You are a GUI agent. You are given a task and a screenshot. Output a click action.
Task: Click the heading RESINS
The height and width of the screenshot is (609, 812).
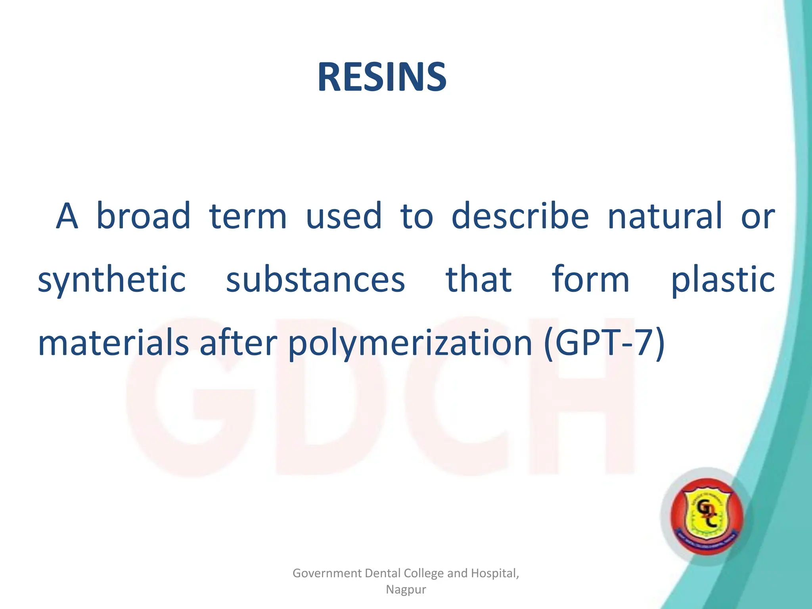point(382,78)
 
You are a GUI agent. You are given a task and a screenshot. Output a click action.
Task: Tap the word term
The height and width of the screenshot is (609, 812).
point(247,216)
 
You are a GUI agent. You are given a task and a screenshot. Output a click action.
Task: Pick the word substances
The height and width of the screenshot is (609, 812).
point(315,279)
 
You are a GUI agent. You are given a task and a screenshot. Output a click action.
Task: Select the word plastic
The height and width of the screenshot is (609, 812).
point(722,280)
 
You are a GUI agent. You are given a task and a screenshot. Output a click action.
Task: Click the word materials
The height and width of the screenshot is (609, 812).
point(113,343)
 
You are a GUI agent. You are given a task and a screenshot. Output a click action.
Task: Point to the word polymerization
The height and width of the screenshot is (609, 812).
point(410,344)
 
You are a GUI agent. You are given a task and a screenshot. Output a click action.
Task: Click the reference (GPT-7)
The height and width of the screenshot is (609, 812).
point(604,343)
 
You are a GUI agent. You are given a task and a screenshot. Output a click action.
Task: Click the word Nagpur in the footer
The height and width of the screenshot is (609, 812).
point(406,590)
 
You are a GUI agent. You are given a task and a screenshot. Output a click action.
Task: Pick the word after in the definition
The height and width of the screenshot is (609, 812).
point(238,343)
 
